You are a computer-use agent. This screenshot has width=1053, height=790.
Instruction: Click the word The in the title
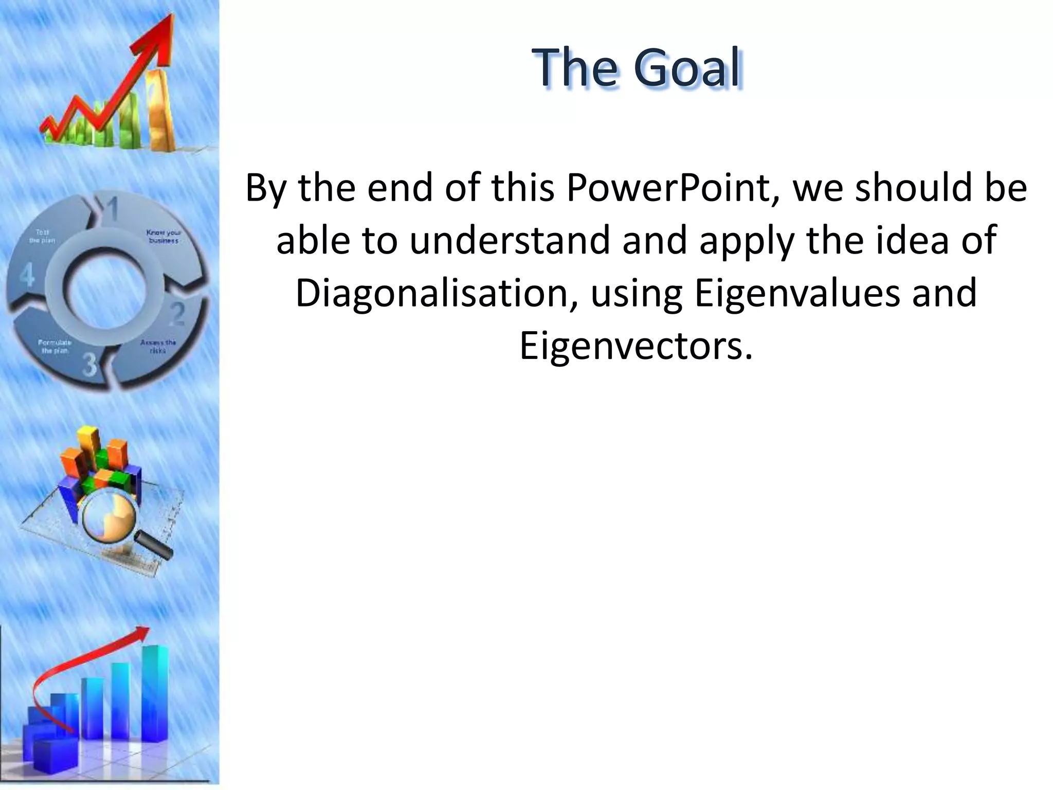[576, 67]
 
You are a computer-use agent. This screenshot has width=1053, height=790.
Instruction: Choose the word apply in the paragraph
[748, 241]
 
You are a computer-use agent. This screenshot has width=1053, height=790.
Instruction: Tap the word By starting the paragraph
[265, 189]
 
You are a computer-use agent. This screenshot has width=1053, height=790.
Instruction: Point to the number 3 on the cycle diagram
[90, 366]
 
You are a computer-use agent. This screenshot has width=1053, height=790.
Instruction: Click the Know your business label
[164, 237]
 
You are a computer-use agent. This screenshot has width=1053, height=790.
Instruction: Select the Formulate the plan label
[55, 346]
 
